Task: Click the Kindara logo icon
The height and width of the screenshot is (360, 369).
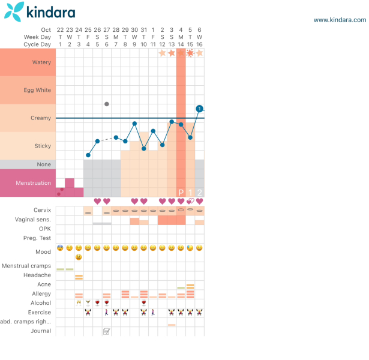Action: [16, 10]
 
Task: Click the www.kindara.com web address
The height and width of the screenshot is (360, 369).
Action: [340, 20]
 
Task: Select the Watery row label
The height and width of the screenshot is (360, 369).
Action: [41, 62]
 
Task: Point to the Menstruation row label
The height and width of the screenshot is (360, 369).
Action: [33, 183]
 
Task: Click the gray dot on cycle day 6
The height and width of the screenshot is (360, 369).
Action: [107, 104]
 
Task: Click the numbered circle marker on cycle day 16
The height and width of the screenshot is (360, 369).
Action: [199, 109]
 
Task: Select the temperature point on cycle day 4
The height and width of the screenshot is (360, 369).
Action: [88, 155]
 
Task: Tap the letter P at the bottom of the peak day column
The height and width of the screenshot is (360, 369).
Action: [181, 192]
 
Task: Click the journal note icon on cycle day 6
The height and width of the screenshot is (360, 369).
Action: [107, 331]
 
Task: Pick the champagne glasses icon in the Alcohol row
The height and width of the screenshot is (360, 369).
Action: [79, 303]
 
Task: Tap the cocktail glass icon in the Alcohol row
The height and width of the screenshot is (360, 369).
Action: [88, 303]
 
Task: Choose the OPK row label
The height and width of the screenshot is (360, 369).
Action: [44, 229]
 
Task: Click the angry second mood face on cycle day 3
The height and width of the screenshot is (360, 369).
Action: [79, 257]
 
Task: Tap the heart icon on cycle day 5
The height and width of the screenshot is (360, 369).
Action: [97, 202]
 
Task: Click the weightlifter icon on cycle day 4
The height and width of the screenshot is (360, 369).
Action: [88, 313]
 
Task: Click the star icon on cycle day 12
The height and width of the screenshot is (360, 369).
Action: [162, 53]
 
